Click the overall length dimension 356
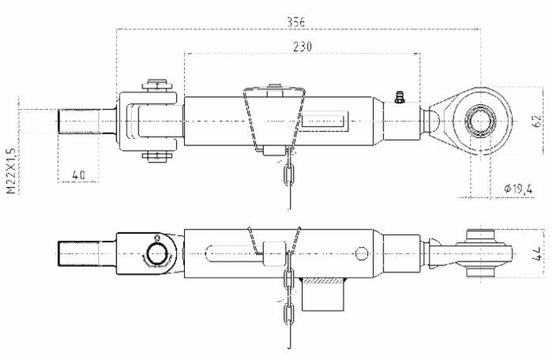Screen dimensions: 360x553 click(297, 21)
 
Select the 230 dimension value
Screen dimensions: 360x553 click(301, 47)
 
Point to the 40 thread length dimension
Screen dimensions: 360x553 click(79, 174)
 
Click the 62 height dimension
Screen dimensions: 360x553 click(536, 122)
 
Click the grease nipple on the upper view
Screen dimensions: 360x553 click(399, 98)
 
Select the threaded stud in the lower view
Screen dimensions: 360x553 click(83, 253)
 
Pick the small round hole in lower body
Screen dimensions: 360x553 click(361, 253)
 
